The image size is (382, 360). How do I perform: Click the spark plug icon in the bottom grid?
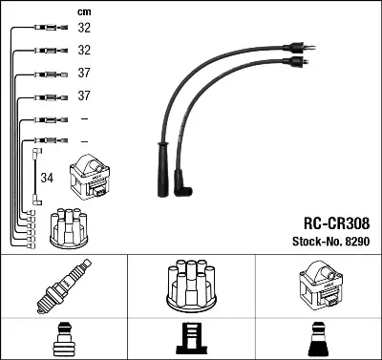63,286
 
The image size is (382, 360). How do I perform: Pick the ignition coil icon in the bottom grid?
317,284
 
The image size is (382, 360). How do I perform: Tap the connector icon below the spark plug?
63,340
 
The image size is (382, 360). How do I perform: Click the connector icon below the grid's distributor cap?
190,340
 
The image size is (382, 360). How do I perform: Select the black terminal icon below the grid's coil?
317,340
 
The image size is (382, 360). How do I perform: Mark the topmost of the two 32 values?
84,29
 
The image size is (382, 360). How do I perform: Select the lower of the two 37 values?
84,96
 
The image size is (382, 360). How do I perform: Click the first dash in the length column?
84,118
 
